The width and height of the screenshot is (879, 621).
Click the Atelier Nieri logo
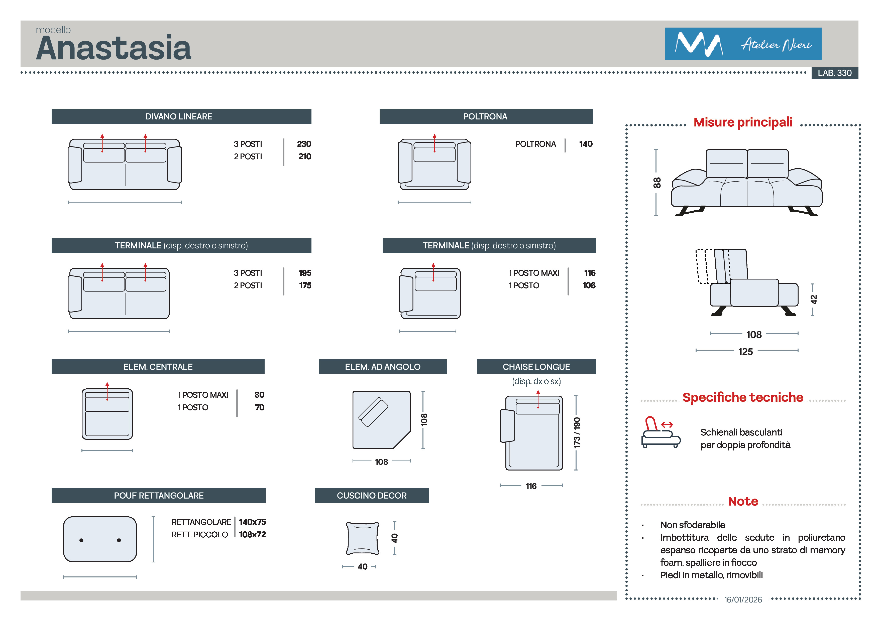click(x=742, y=44)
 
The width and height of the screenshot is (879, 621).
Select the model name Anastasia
click(x=114, y=48)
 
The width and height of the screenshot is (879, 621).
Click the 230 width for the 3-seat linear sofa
click(x=304, y=144)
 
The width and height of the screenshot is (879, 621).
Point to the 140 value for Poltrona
click(x=585, y=144)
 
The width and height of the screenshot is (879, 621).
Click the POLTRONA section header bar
click(x=485, y=116)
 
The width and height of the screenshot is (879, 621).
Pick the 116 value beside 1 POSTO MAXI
click(x=590, y=273)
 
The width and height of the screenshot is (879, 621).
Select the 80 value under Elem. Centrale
click(x=259, y=394)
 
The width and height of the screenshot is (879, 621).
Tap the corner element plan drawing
click(x=381, y=419)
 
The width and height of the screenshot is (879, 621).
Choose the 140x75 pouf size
click(x=252, y=522)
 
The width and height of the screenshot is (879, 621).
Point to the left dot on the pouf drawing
click(x=81, y=540)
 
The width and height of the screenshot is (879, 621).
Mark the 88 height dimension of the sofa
click(x=656, y=183)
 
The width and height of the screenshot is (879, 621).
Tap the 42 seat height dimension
click(x=814, y=299)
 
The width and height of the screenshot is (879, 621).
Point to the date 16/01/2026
click(x=743, y=599)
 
